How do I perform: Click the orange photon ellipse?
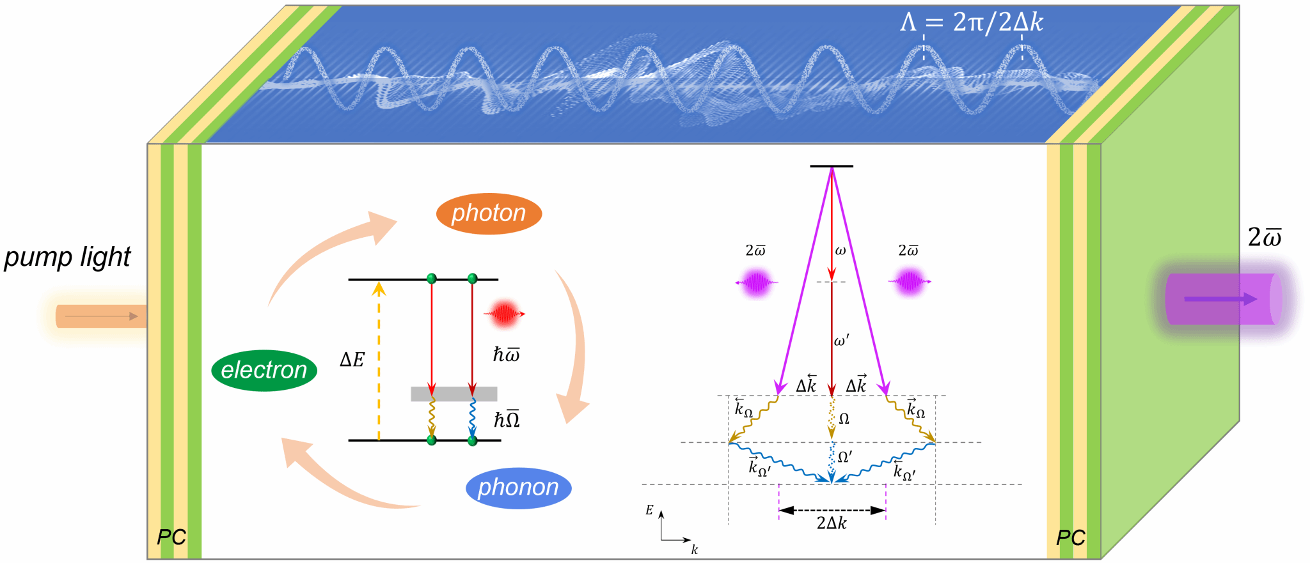[x=489, y=213]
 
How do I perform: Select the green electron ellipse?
[x=264, y=370]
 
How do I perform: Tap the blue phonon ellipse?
[x=518, y=488]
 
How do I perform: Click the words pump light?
[x=67, y=257]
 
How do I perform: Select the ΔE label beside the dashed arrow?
[x=352, y=360]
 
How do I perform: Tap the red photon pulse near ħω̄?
[x=504, y=314]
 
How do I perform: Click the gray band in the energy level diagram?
[x=454, y=394]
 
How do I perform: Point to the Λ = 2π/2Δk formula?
[x=971, y=23]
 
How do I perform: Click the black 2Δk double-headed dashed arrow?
[x=832, y=510]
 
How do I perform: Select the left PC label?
[x=171, y=537]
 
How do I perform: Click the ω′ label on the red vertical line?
[x=842, y=341]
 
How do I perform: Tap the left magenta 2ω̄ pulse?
[x=756, y=282]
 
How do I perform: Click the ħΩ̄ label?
[x=507, y=420]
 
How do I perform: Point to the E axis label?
[x=649, y=510]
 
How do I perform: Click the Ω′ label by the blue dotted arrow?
[x=845, y=457]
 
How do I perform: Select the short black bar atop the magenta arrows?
[x=832, y=166]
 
